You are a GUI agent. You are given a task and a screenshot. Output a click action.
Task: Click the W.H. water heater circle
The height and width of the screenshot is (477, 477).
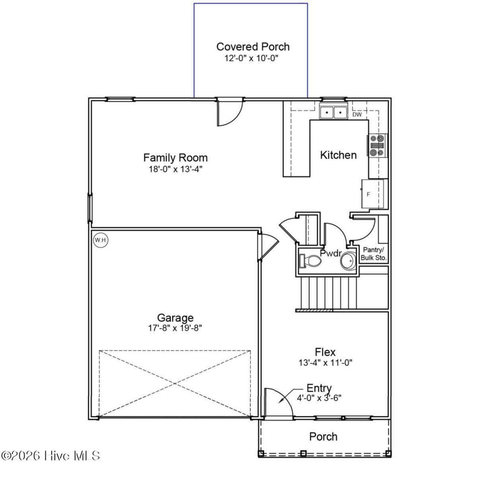pyautogui.click(x=101, y=240)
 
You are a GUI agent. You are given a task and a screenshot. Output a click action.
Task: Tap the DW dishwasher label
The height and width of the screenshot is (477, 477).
pyautogui.click(x=357, y=114)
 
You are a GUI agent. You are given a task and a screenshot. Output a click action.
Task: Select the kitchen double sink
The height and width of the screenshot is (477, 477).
pyautogui.click(x=334, y=113)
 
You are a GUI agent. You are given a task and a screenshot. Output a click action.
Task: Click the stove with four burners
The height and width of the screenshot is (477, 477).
pyautogui.click(x=377, y=146)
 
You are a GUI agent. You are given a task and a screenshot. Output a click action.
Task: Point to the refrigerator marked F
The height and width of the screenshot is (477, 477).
pyautogui.click(x=373, y=194)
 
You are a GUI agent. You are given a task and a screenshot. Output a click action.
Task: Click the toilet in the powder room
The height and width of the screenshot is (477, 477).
pyautogui.click(x=310, y=261)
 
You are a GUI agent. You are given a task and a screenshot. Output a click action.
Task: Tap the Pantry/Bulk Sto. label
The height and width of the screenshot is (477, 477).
pyautogui.click(x=373, y=254)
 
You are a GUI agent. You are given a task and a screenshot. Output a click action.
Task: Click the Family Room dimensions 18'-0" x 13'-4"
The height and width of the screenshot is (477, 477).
pyautogui.click(x=176, y=169)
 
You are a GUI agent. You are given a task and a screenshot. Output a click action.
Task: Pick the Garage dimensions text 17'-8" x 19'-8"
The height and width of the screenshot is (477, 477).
pyautogui.click(x=175, y=328)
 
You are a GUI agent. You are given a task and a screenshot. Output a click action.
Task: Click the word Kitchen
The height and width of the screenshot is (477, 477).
pyautogui.click(x=338, y=155)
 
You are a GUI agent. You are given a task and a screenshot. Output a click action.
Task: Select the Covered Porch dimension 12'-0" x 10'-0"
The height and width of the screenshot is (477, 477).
pyautogui.click(x=251, y=59)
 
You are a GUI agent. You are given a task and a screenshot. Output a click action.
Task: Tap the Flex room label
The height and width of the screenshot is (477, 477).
pyautogui.click(x=325, y=352)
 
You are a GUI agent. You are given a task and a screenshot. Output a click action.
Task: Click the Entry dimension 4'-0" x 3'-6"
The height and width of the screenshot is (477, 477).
pyautogui.click(x=319, y=398)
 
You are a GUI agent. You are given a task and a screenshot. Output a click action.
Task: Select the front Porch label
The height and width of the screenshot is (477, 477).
pyautogui.click(x=323, y=437)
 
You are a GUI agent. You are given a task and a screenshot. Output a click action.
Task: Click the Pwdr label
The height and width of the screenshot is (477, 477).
pyautogui.click(x=331, y=253)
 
